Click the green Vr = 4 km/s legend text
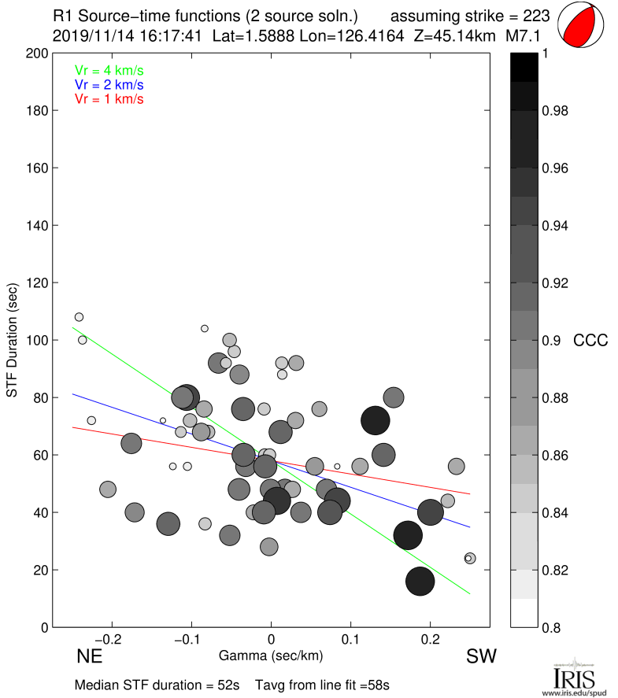pos(109,70)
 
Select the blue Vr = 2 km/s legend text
pos(109,84)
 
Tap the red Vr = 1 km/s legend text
pos(109,98)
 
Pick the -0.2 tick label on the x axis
pos(111,640)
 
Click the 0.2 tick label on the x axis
pos(431,640)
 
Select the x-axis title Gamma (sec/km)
pos(272,655)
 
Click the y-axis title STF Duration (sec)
pos(13,340)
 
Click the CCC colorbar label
pos(590,341)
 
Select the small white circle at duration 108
pos(79,317)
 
